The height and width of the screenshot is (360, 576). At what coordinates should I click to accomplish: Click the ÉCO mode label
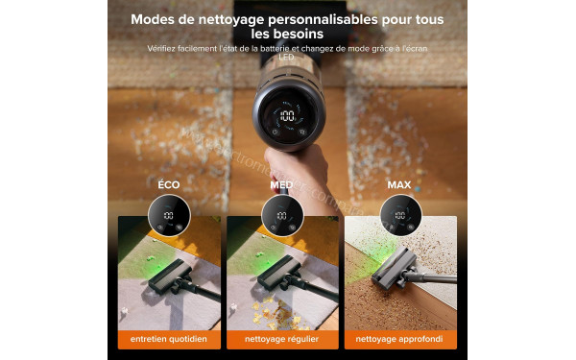(x=168, y=183)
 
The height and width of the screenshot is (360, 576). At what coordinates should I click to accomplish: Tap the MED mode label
(x=282, y=183)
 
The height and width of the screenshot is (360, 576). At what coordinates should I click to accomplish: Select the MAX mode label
(x=398, y=183)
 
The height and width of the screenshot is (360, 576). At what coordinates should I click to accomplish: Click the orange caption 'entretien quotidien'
(x=169, y=339)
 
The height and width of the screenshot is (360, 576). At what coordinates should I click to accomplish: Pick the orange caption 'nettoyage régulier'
(x=283, y=339)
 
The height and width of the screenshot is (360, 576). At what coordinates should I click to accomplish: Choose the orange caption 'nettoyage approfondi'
(x=400, y=339)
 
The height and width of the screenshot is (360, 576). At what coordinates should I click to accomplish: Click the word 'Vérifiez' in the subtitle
(x=166, y=49)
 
